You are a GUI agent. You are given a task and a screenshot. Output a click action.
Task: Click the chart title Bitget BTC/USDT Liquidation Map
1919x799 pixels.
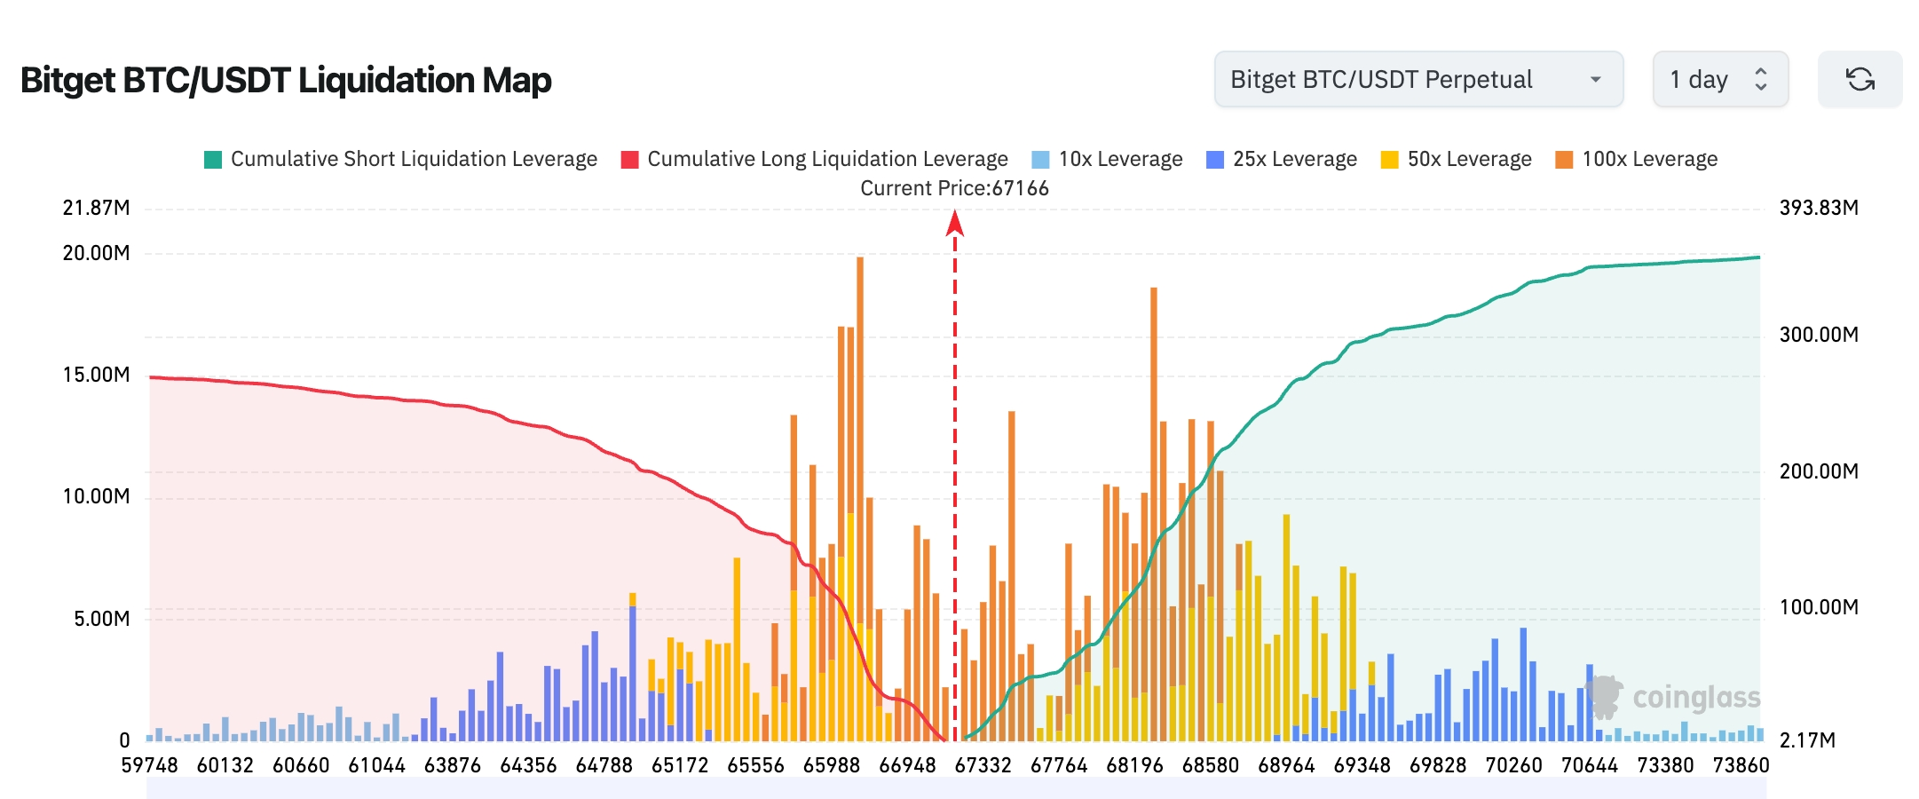point(286,80)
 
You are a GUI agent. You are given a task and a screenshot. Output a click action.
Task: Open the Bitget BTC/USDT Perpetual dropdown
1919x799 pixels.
point(1418,80)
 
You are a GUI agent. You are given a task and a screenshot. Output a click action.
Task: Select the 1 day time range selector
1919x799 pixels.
point(1718,80)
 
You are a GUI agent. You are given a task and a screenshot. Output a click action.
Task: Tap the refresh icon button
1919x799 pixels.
point(1860,80)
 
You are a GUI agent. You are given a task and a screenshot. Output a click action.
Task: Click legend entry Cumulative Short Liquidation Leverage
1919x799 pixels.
point(401,159)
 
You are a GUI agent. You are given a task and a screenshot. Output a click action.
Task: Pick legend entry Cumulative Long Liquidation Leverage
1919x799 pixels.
point(815,159)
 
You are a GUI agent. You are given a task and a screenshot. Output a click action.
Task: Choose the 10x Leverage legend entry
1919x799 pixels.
point(1108,159)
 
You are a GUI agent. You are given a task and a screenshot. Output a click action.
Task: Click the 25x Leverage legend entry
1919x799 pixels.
point(1282,159)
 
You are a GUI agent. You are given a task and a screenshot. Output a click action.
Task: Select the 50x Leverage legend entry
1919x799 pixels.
point(1457,159)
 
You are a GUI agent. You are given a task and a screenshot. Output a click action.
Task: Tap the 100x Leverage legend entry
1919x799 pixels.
point(1637,159)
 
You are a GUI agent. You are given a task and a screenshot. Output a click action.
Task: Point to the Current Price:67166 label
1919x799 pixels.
point(954,188)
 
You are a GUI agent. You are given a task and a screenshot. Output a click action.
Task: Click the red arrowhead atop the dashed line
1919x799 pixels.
point(955,223)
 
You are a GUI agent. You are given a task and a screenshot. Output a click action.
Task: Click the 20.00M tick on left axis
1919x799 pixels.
point(96,253)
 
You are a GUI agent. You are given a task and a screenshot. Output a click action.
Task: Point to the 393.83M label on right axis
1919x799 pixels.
point(1818,208)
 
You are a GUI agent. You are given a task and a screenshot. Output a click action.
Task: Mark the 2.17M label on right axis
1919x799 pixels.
point(1806,740)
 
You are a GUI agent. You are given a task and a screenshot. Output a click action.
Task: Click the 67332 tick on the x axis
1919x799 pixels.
point(983,765)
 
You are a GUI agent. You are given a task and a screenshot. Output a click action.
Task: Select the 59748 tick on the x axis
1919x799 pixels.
point(149,765)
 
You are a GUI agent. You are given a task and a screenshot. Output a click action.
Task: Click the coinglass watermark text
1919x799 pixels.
point(1695,698)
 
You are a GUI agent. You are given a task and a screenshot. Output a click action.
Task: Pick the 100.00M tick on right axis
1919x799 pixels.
point(1818,607)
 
